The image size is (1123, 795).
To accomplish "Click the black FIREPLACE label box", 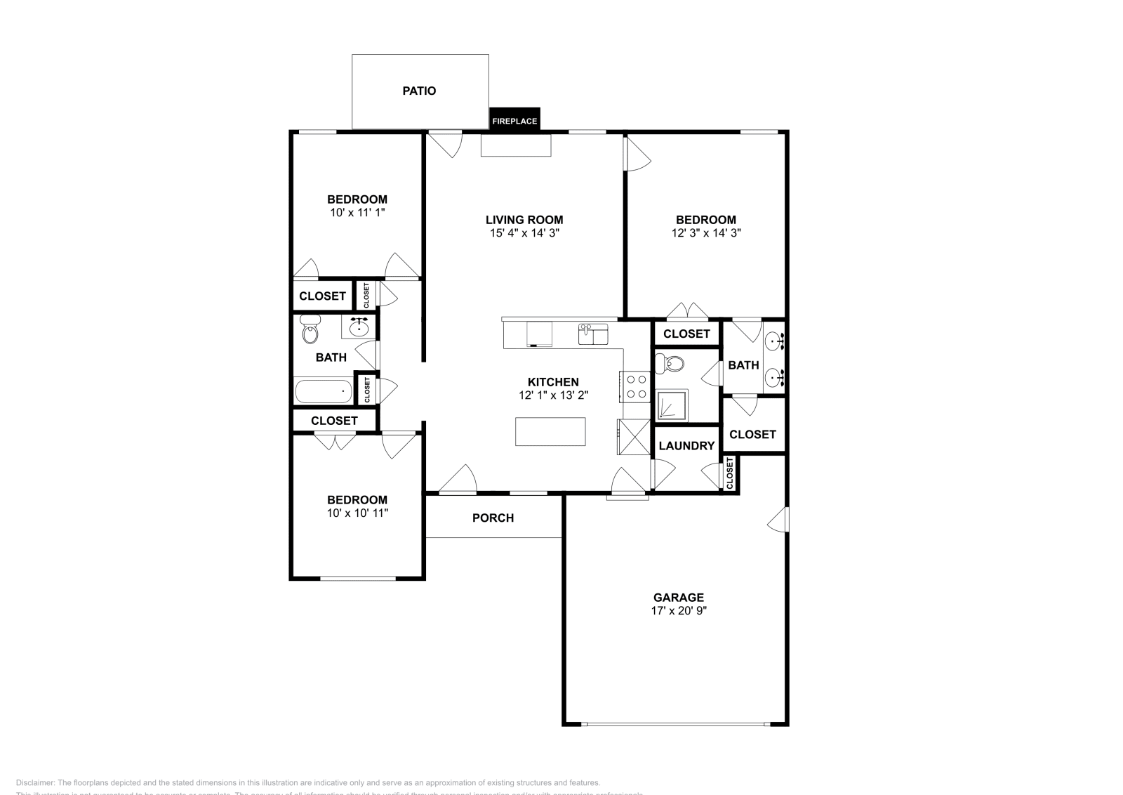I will tap(514, 120).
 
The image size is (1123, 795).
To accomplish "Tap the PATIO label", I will tap(419, 91).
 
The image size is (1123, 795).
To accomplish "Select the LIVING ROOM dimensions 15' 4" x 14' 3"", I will tap(524, 232).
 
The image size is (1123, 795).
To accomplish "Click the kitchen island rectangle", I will tap(550, 431).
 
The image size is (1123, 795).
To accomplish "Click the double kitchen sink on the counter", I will tap(594, 334).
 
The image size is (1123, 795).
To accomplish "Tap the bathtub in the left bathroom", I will tap(323, 391).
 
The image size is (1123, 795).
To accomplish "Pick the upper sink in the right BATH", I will tap(774, 342).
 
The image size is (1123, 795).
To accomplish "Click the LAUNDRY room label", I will tap(686, 445).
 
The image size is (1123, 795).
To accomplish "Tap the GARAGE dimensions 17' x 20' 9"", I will tap(678, 610).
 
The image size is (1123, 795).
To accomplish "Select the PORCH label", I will tap(493, 518).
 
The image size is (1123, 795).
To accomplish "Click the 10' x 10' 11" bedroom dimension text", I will tap(357, 513).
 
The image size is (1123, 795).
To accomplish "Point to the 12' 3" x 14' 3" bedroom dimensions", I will tap(706, 232).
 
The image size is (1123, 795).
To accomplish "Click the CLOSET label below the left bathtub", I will tap(334, 421).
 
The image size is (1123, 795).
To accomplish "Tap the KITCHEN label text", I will tap(553, 382).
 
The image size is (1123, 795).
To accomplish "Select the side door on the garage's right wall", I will tap(779, 520).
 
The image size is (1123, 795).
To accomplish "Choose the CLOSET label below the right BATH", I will tap(752, 434).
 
